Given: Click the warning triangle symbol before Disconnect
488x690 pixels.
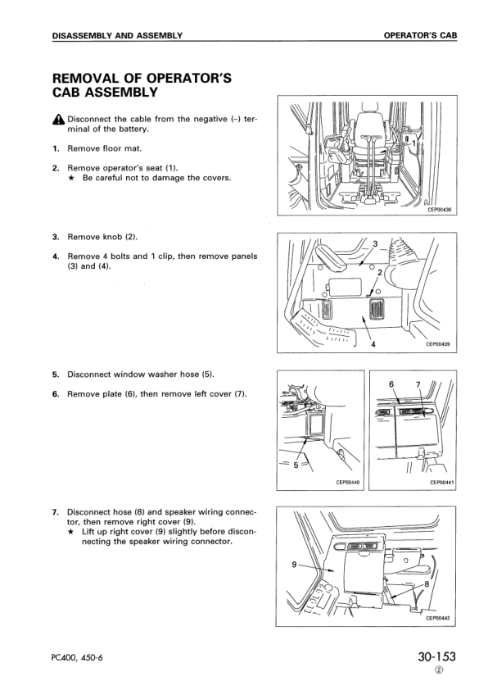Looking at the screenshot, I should [57, 120].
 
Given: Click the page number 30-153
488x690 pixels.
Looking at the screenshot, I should [430, 656].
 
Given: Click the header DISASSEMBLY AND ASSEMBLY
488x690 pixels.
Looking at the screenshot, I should [116, 35].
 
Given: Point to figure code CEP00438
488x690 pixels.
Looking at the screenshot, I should [440, 210].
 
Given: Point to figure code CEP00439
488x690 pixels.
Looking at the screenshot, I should [440, 344].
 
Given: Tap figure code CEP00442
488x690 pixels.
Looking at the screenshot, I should [440, 618].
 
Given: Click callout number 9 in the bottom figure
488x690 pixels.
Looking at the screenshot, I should [295, 564].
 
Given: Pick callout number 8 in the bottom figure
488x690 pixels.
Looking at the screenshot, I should [427, 583].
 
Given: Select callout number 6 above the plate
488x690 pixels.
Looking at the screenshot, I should [391, 384].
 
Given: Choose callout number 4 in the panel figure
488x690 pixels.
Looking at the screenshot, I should [373, 344].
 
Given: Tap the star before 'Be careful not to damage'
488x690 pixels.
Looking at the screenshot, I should [71, 178].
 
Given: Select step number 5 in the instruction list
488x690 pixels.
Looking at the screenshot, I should [56, 375].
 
